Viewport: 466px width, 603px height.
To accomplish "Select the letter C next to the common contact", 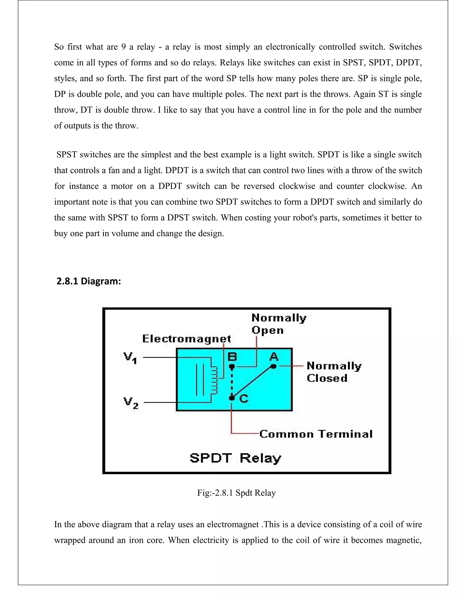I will pyautogui.click(x=244, y=399).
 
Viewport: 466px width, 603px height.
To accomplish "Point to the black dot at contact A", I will pyautogui.click(x=274, y=366).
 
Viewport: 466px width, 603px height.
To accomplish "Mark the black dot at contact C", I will pyautogui.click(x=232, y=398).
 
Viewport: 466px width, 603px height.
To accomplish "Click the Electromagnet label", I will pyautogui.click(x=187, y=339).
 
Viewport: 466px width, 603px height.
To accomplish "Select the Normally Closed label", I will pyautogui.click(x=334, y=372).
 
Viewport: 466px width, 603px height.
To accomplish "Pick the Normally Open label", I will pyautogui.click(x=279, y=324).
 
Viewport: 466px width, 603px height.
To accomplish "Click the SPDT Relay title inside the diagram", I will pyautogui.click(x=235, y=458).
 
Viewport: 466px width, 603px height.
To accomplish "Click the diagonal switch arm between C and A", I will pyautogui.click(x=253, y=382).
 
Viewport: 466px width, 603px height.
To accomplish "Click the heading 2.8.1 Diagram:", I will pyautogui.click(x=89, y=281).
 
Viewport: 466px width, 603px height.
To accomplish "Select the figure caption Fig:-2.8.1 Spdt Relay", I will pyautogui.click(x=236, y=493).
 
